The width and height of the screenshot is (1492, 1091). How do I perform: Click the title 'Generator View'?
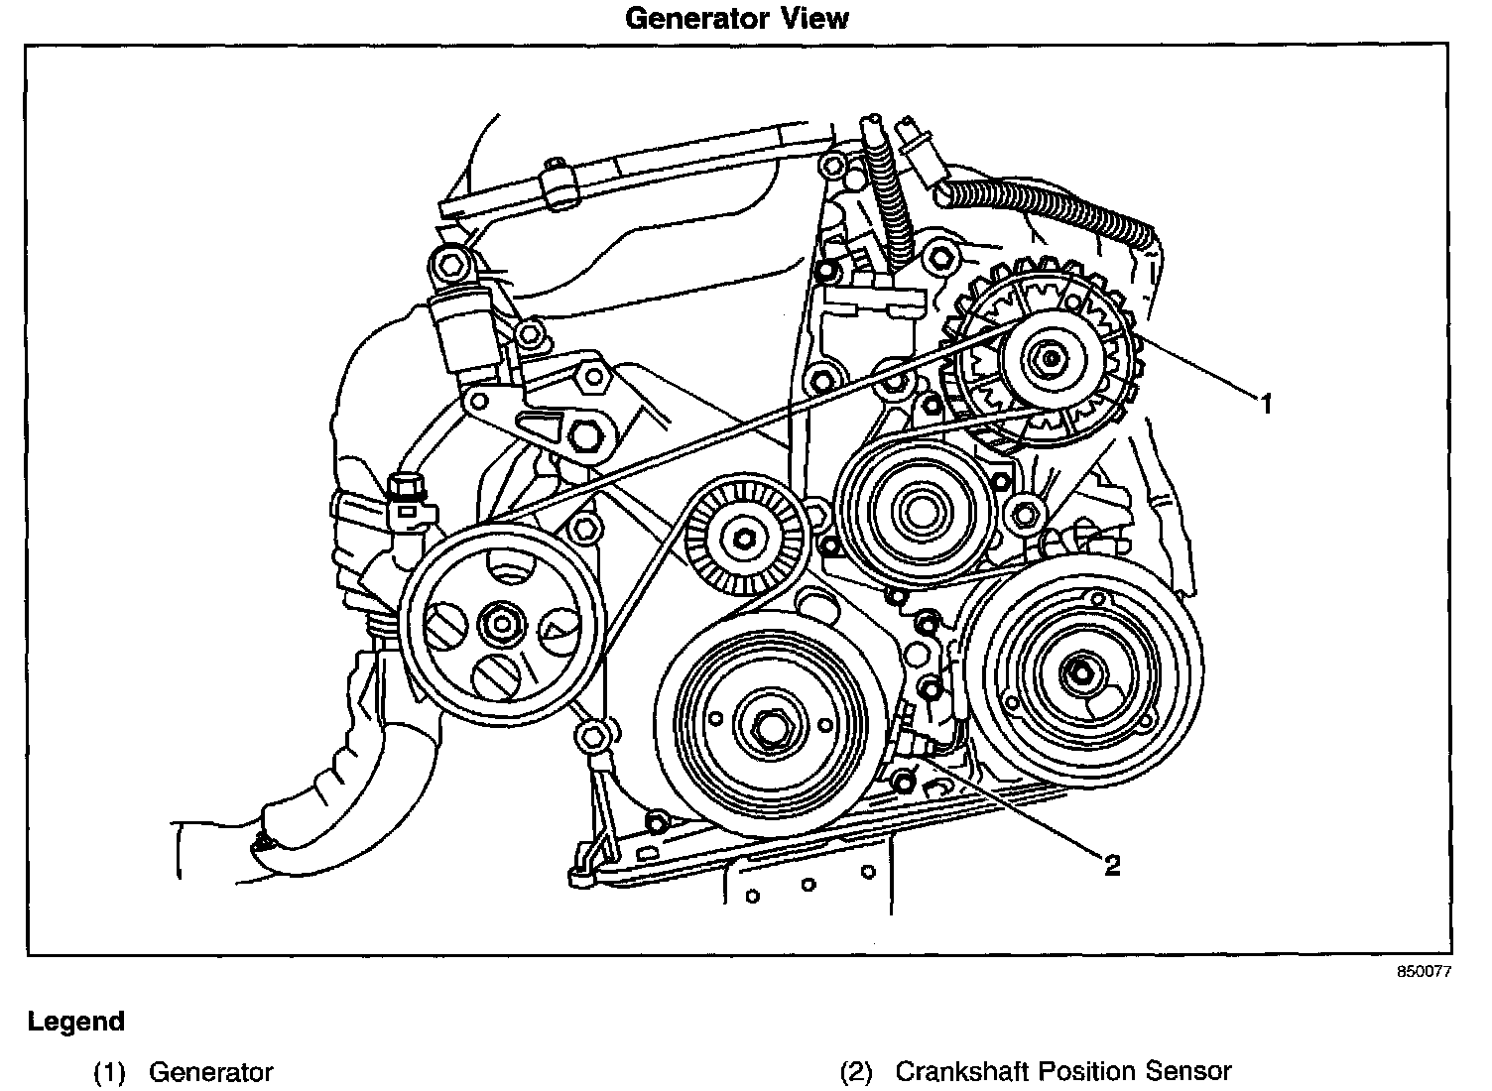click(x=737, y=18)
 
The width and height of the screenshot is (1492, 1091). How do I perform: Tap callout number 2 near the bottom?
click(x=1112, y=865)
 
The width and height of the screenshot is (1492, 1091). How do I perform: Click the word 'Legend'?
click(x=76, y=1022)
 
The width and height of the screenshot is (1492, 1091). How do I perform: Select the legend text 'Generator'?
click(x=210, y=1072)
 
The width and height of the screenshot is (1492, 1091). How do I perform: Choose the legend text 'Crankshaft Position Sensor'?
click(x=1062, y=1072)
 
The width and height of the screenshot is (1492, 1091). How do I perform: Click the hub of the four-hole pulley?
click(x=499, y=625)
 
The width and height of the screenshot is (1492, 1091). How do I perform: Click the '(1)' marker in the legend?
click(x=109, y=1072)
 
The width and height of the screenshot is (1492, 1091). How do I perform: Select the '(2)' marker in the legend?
click(x=856, y=1072)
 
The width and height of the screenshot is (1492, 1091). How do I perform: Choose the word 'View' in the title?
click(x=816, y=18)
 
